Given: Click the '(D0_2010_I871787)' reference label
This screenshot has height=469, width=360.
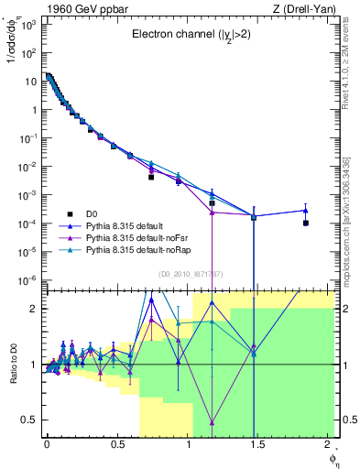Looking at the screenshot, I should point(189,274).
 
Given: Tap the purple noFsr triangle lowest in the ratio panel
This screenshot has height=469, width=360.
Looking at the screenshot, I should point(213,422).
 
